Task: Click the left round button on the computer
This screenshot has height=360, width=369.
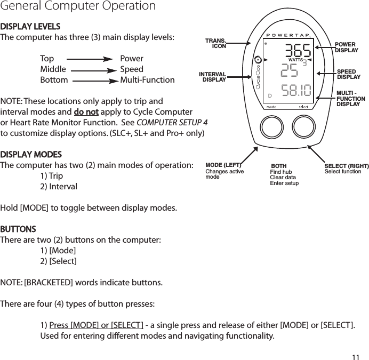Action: coord(272,127)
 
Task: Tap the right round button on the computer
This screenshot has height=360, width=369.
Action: coord(303,127)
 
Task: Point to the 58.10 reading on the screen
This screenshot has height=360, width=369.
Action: coord(297,91)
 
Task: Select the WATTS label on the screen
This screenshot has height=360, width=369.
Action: coord(295,60)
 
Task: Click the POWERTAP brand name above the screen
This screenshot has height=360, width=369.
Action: coord(288,35)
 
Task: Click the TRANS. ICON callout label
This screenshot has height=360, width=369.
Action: coord(216,43)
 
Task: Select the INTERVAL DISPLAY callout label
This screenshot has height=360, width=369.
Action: coord(213,77)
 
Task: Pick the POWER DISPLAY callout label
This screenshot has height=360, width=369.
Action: coord(346,47)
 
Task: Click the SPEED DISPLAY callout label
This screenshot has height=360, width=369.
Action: coord(348,74)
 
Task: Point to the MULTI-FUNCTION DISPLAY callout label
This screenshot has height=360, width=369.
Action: coord(350,99)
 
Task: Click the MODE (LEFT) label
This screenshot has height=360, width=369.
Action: coord(223,165)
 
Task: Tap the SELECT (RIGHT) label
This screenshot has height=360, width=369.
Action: coord(347,166)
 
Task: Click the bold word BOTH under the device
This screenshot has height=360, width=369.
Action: coord(279,166)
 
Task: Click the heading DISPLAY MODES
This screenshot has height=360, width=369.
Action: coord(31,155)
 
